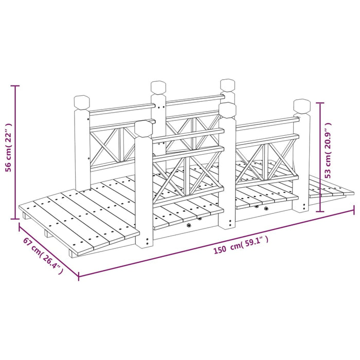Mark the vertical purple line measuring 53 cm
(321, 157)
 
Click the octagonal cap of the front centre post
(227, 110)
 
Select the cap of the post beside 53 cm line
(302, 107)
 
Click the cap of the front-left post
(144, 129)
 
